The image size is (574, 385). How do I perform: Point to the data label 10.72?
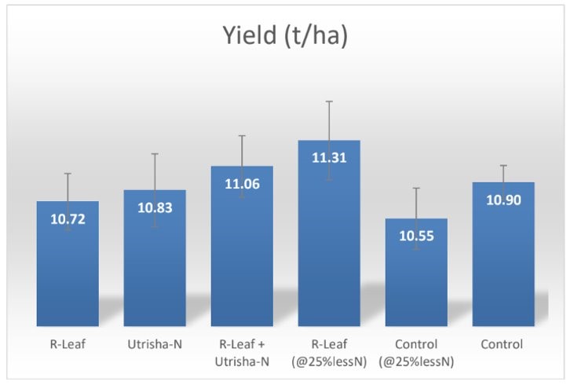[68, 218]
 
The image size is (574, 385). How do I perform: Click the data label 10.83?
[155, 207]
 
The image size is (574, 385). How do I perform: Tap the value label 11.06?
[242, 184]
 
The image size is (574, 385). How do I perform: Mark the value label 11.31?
[329, 158]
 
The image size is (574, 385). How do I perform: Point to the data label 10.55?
[416, 236]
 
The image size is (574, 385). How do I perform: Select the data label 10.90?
[503, 200]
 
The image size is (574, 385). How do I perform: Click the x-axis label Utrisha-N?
[155, 344]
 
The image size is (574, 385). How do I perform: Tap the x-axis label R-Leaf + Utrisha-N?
[242, 351]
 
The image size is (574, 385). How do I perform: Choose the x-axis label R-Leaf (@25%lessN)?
[329, 351]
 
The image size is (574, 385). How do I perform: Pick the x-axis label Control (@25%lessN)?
[416, 351]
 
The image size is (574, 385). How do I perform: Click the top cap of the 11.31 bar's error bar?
[329, 101]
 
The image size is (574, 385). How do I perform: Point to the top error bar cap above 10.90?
[503, 166]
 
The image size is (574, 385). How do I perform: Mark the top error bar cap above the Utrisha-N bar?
[155, 153]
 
